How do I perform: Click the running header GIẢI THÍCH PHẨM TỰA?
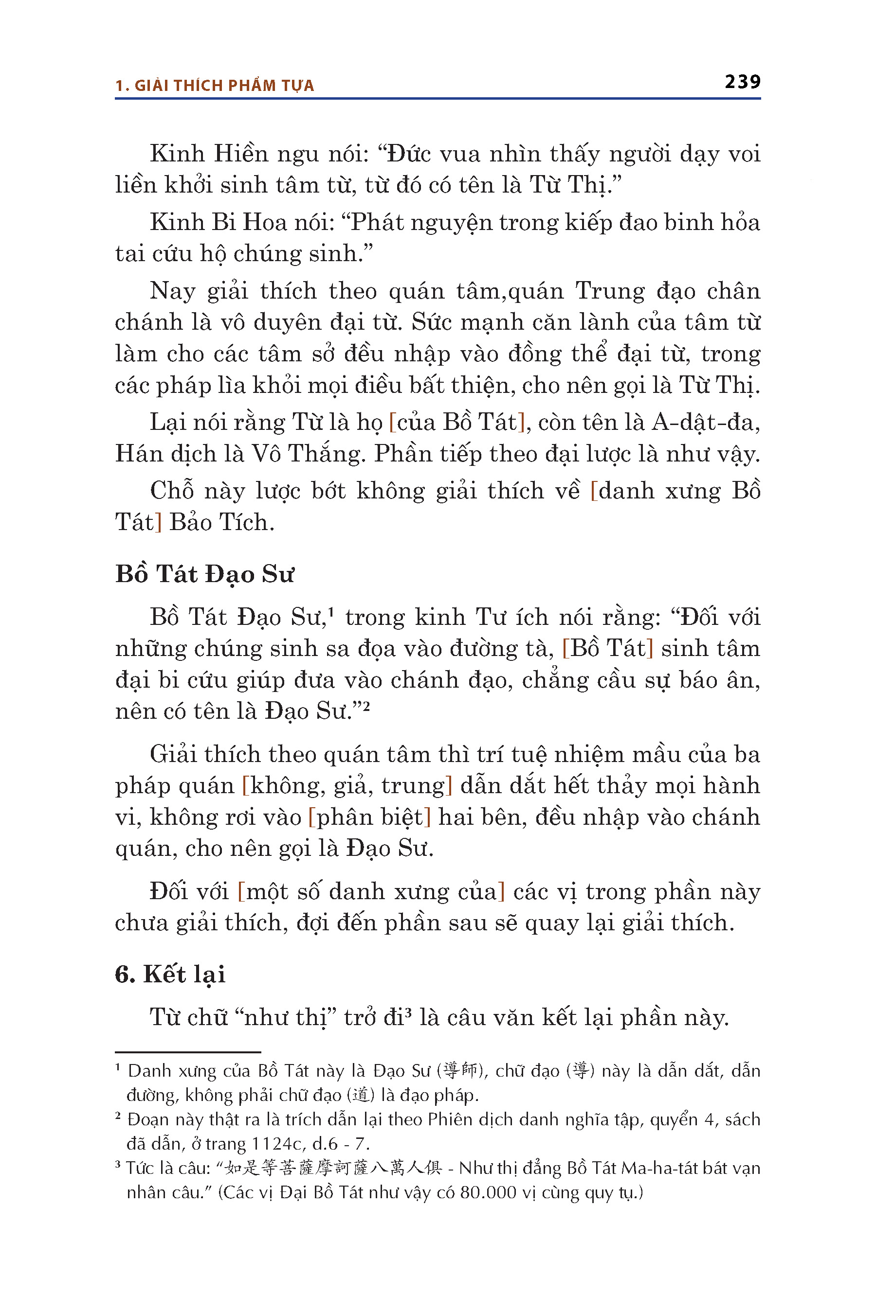pos(224,86)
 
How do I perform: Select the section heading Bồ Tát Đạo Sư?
pos(204,574)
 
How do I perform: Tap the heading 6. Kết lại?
pos(170,974)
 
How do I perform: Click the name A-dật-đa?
pos(705,422)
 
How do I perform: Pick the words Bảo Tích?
pos(222,522)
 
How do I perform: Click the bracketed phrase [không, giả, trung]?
pos(347,786)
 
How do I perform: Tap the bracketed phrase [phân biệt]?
pos(369,817)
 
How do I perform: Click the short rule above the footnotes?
pos(188,1052)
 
